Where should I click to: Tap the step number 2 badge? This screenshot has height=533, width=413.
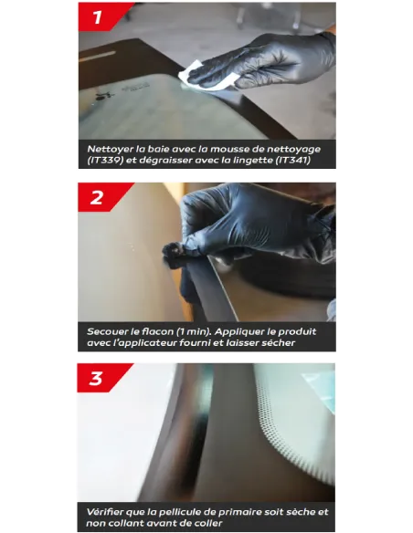(100, 197)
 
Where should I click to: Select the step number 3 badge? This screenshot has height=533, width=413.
(99, 378)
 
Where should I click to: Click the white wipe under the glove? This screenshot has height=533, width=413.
(207, 76)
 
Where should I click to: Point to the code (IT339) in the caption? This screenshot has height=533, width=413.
(105, 160)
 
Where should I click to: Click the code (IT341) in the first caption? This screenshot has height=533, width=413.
(293, 160)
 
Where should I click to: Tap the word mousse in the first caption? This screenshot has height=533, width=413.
(236, 150)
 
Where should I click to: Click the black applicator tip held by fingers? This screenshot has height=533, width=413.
(172, 251)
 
